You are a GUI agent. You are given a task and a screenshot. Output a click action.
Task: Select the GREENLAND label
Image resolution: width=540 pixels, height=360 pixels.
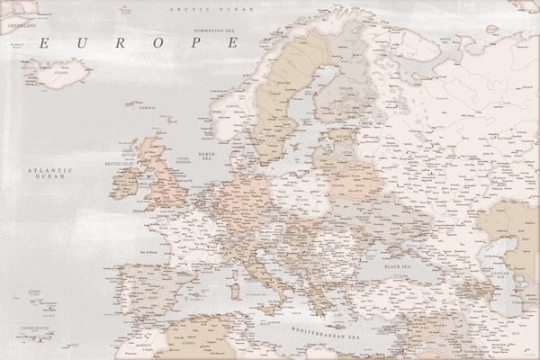(x=21, y=26)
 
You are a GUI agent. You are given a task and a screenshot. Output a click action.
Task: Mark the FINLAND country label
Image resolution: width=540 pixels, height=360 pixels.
(x=346, y=89)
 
